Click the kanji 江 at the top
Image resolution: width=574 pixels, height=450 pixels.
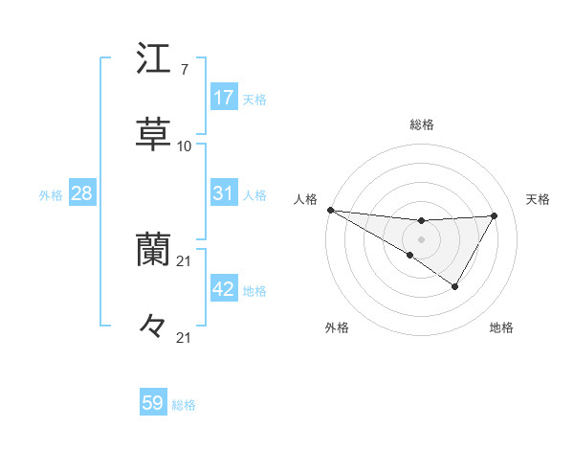pyautogui.click(x=153, y=59)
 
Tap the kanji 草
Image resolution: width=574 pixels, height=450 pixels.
pyautogui.click(x=153, y=133)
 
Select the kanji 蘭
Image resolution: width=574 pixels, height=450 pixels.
pyautogui.click(x=153, y=250)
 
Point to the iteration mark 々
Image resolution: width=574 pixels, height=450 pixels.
pyautogui.click(x=153, y=326)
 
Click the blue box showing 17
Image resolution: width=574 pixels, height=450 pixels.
pyautogui.click(x=224, y=98)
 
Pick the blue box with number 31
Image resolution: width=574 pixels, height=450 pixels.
pyautogui.click(x=224, y=193)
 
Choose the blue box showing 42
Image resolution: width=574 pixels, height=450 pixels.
pyautogui.click(x=224, y=289)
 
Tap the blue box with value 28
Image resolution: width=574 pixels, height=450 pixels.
pyautogui.click(x=82, y=193)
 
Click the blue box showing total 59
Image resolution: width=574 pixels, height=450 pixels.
pyautogui.click(x=153, y=403)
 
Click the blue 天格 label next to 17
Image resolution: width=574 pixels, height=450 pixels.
pyautogui.click(x=254, y=100)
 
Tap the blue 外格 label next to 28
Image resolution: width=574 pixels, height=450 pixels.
pyautogui.click(x=51, y=195)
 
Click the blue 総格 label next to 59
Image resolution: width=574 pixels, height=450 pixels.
pyautogui.click(x=184, y=405)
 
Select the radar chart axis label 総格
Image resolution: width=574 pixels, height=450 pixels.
pyautogui.click(x=421, y=124)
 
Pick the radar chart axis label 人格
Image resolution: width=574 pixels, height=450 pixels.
pyautogui.click(x=306, y=199)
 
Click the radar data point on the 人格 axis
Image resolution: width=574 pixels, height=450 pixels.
pyautogui.click(x=330, y=210)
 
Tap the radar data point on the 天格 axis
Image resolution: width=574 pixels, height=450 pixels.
pyautogui.click(x=494, y=215)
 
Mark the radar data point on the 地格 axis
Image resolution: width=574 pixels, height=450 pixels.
pyautogui.click(x=455, y=286)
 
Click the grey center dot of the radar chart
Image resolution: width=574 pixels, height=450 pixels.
pyautogui.click(x=421, y=238)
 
